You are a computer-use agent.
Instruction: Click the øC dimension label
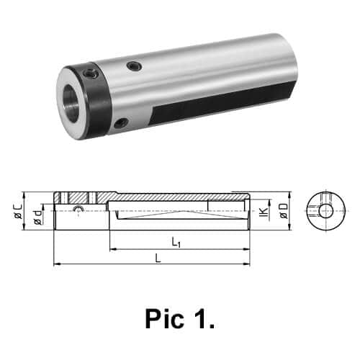coord(18,211)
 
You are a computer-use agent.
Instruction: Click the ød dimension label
coord(38,217)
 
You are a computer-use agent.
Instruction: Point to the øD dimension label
coord(284,211)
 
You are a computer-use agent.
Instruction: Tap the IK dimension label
coord(264,212)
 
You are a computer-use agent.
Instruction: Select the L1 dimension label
coord(176,242)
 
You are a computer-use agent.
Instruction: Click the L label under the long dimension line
coord(158,258)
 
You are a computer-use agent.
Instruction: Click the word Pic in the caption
coord(165,319)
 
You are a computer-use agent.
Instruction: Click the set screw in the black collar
coord(91,73)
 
